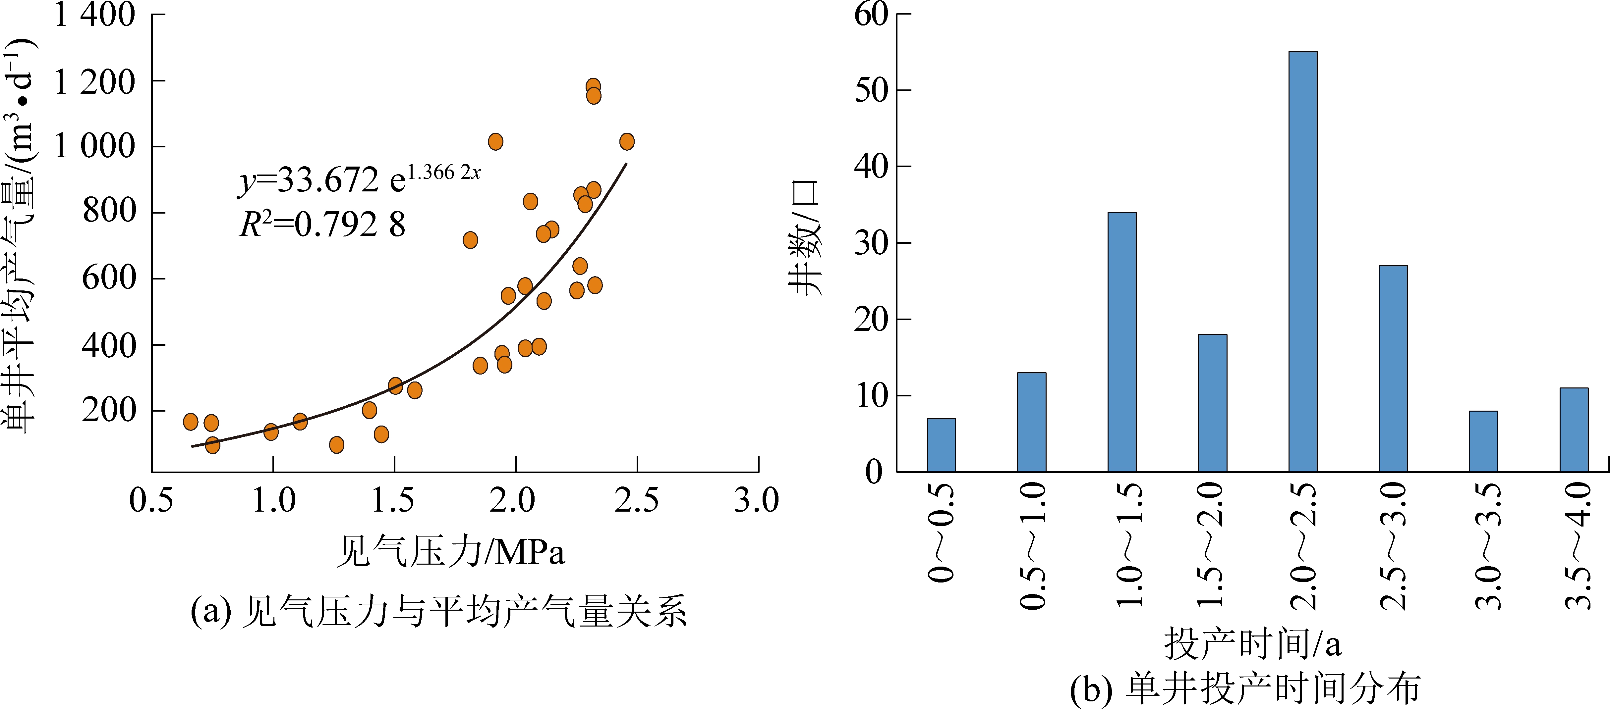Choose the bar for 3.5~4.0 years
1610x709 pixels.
pos(1574,430)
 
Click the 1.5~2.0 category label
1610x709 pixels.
pos(1211,545)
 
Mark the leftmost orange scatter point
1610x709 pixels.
pos(191,422)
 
